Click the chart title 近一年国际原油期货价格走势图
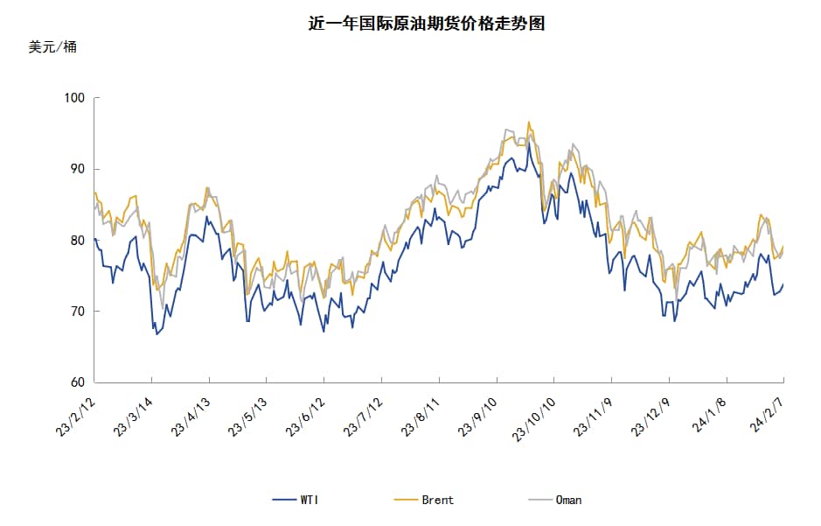[x=426, y=24]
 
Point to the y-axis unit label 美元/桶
[x=52, y=47]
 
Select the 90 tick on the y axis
[x=77, y=169]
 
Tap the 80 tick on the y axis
[x=77, y=240]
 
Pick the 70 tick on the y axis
[x=77, y=311]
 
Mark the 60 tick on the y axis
[x=77, y=382]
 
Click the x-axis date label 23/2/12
[x=76, y=414]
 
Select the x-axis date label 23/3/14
[x=134, y=414]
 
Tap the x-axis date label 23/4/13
[x=191, y=414]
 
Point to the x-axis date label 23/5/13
[x=249, y=414]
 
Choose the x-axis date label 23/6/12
[x=307, y=414]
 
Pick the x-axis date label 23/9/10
[x=480, y=414]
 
